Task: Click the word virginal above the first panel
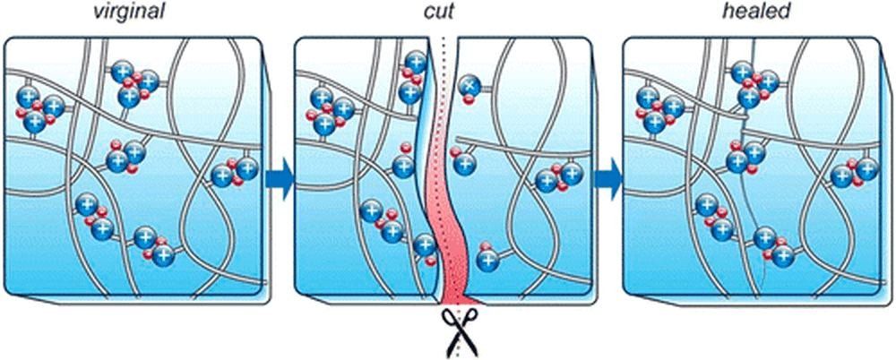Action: click(129, 12)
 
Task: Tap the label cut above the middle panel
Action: click(439, 12)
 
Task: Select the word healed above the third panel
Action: click(747, 12)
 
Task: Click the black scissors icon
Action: click(460, 332)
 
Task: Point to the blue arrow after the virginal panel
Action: click(279, 179)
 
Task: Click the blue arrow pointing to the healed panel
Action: click(607, 179)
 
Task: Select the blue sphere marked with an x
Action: click(469, 86)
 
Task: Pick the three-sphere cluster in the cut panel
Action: click(327, 109)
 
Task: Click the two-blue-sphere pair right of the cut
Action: click(557, 177)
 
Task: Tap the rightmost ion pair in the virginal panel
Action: click(234, 172)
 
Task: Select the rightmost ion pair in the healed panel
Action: click(854, 173)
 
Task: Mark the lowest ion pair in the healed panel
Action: click(774, 247)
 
